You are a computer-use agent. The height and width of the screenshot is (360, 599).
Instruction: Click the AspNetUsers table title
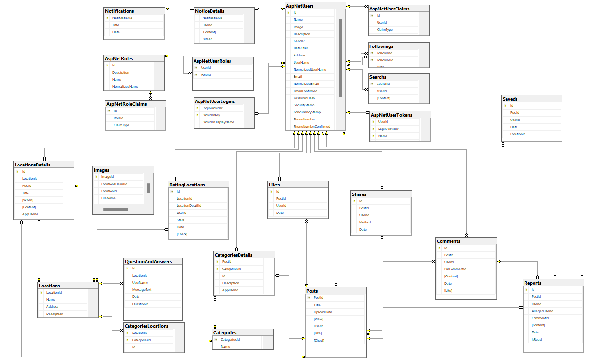pyautogui.click(x=300, y=6)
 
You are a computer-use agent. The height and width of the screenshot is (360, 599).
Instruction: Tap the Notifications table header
pyautogui.click(x=120, y=11)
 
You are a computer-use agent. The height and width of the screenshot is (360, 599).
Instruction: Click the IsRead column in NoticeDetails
pyautogui.click(x=207, y=39)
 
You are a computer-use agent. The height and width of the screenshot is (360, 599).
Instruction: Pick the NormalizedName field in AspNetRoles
pyautogui.click(x=125, y=87)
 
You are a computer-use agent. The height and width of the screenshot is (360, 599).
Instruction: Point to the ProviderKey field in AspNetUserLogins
pyautogui.click(x=211, y=115)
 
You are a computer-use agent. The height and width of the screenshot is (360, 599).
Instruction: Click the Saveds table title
pyautogui.click(x=510, y=99)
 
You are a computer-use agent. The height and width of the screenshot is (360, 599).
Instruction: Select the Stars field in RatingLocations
pyautogui.click(x=181, y=220)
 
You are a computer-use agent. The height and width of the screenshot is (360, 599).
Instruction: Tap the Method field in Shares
pyautogui.click(x=365, y=222)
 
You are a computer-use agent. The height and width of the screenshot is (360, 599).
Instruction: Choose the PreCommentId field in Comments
pyautogui.click(x=455, y=269)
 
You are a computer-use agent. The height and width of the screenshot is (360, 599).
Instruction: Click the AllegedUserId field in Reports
pyautogui.click(x=542, y=311)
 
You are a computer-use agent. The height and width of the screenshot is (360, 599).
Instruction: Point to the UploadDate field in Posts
pyautogui.click(x=323, y=312)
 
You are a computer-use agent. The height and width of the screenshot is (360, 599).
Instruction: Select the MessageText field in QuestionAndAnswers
pyautogui.click(x=142, y=289)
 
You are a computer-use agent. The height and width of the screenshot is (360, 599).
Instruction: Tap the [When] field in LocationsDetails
pyautogui.click(x=28, y=200)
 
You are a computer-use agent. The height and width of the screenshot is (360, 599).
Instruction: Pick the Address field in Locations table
pyautogui.click(x=53, y=306)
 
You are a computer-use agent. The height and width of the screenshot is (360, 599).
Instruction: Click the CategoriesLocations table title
pyautogui.click(x=146, y=326)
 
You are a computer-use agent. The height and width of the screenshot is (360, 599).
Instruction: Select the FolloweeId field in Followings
pyautogui.click(x=385, y=60)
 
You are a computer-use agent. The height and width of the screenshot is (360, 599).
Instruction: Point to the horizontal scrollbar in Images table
pyautogui.click(x=116, y=209)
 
